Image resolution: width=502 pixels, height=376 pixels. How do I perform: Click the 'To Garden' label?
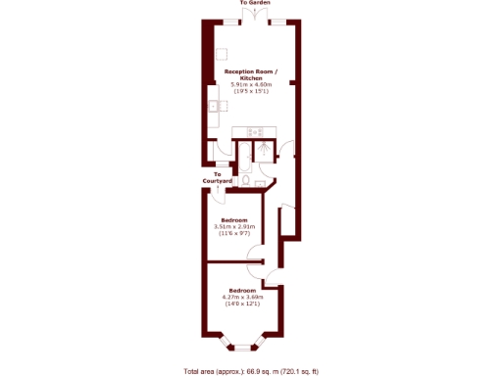[x=251, y=4]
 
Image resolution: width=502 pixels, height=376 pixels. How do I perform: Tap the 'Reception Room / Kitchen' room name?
[x=251, y=74]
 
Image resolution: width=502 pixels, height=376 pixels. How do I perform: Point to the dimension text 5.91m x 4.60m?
[x=251, y=84]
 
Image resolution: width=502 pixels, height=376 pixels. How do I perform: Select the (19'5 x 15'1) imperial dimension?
[x=251, y=91]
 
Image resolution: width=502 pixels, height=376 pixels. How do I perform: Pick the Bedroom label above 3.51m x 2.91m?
[x=233, y=219]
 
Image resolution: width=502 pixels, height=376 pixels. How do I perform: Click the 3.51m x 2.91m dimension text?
[x=233, y=226]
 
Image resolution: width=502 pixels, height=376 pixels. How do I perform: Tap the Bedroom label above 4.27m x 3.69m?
[x=241, y=291]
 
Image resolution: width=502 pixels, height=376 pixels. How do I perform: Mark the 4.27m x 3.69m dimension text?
[x=241, y=298]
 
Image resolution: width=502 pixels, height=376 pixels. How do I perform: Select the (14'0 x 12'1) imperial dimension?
[x=241, y=305]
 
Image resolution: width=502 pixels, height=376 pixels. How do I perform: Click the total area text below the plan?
[x=251, y=371]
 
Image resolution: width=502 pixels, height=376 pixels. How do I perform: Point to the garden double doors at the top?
[x=251, y=21]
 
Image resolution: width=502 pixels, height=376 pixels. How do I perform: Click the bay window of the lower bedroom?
[x=242, y=345]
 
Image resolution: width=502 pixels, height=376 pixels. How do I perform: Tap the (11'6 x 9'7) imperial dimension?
[x=233, y=233]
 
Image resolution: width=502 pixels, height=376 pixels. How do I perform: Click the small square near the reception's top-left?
[x=222, y=53]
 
